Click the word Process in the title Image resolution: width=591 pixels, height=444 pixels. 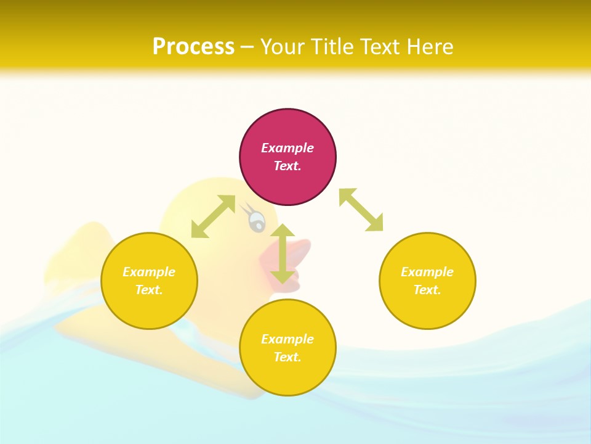click(x=193, y=47)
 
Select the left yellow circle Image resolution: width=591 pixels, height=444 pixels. click(x=149, y=308)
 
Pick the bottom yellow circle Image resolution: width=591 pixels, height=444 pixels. click(x=287, y=376)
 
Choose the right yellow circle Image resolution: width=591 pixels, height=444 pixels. click(x=427, y=308)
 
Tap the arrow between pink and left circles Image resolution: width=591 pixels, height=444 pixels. click(x=213, y=216)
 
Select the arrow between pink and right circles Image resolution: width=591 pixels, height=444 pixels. click(x=361, y=210)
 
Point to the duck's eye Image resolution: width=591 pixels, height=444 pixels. click(x=256, y=220)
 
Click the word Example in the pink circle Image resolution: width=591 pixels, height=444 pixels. click(x=287, y=148)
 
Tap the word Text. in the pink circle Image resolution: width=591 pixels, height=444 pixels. click(x=287, y=166)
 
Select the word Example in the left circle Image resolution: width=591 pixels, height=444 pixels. click(x=149, y=272)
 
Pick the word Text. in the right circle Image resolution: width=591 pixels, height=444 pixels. click(x=427, y=290)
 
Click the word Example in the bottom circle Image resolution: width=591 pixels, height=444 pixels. click(x=287, y=339)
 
